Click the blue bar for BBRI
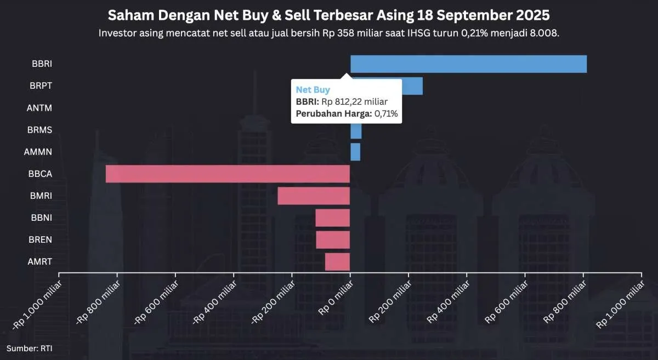point(468,64)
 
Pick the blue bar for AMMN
point(355,152)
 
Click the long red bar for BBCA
point(228,174)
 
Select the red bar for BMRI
point(314,196)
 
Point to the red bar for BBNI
point(332,218)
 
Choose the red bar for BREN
point(333,239)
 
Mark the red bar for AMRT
point(337,261)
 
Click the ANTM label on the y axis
point(39,108)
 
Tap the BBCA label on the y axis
point(39,174)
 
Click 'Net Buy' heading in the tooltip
point(313,89)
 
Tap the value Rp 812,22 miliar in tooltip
point(354,101)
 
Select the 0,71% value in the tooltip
point(385,113)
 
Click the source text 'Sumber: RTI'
point(30,348)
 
